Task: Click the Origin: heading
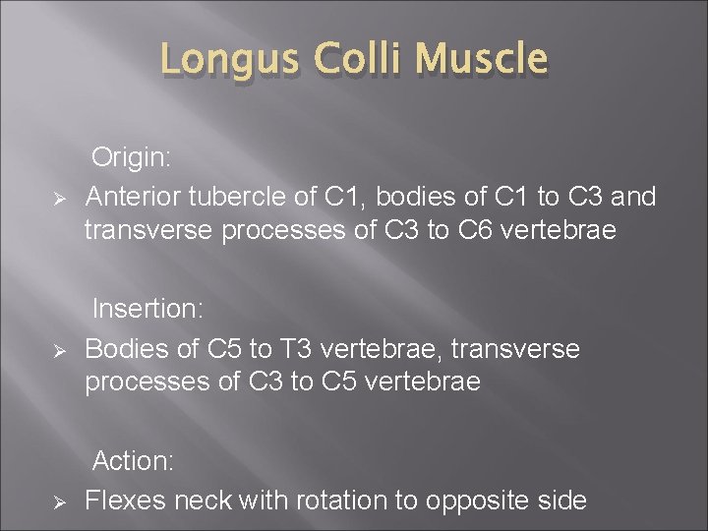click(x=133, y=156)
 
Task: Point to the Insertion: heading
click(x=147, y=309)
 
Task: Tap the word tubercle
click(x=248, y=197)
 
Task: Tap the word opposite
click(x=474, y=501)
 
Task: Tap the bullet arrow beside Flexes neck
click(x=58, y=502)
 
